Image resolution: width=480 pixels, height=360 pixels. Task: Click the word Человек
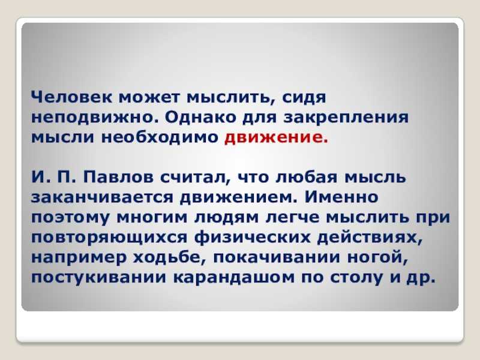coord(71,97)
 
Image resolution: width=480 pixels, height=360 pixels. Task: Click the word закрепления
coord(346,118)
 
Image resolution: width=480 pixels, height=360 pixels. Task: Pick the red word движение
coord(276,137)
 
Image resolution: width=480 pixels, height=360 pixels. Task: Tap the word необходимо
coord(160,137)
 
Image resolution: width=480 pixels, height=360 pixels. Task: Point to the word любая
coord(307,177)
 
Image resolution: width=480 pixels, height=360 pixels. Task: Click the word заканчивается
coord(102,197)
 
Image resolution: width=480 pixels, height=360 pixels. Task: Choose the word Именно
coord(341,197)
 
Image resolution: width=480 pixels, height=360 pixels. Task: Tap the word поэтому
coord(71,218)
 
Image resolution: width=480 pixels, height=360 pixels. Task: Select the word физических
coord(253,238)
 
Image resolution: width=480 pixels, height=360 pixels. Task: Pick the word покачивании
coord(277,257)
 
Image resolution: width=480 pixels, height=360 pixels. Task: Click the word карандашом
coord(234,278)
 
